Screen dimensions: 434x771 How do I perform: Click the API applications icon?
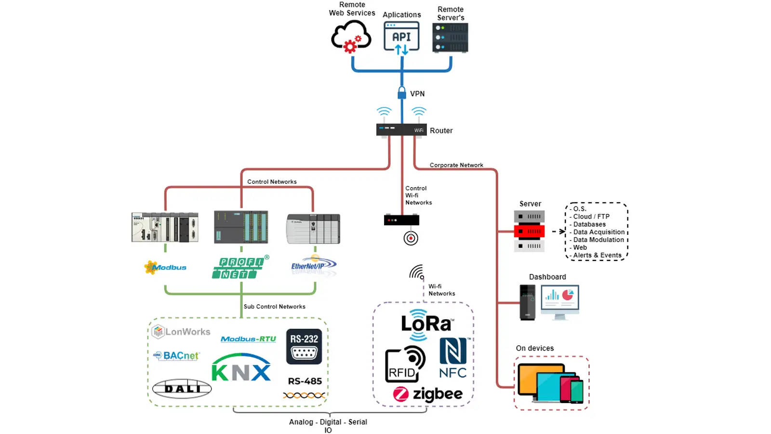pyautogui.click(x=401, y=37)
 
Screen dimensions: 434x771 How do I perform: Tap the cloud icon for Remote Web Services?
pyautogui.click(x=351, y=37)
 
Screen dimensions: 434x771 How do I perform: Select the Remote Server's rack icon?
pyautogui.click(x=451, y=38)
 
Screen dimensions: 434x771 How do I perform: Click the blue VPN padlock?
pyautogui.click(x=402, y=93)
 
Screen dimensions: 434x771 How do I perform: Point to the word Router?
pyautogui.click(x=441, y=131)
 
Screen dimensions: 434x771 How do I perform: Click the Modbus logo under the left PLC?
pyautogui.click(x=165, y=267)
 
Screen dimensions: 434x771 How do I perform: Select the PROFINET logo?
pyautogui.click(x=240, y=268)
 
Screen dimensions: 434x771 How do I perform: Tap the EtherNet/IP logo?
pyautogui.click(x=313, y=266)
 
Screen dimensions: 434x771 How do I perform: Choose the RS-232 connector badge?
pyautogui.click(x=304, y=346)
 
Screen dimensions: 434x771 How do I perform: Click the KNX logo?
pyautogui.click(x=241, y=368)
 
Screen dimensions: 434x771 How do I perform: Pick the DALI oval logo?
pyautogui.click(x=182, y=389)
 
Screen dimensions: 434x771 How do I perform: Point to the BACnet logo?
pyautogui.click(x=176, y=356)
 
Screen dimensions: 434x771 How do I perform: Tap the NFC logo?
pyautogui.click(x=453, y=358)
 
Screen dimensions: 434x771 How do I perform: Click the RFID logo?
pyautogui.click(x=405, y=365)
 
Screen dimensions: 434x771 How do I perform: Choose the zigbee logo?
pyautogui.click(x=428, y=394)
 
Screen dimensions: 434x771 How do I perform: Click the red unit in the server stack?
pyautogui.click(x=529, y=231)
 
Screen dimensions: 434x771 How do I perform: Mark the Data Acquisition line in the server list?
pyautogui.click(x=598, y=232)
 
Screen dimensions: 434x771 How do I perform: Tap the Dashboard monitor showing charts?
pyautogui.click(x=560, y=298)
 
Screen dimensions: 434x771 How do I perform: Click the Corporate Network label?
pyautogui.click(x=456, y=165)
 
